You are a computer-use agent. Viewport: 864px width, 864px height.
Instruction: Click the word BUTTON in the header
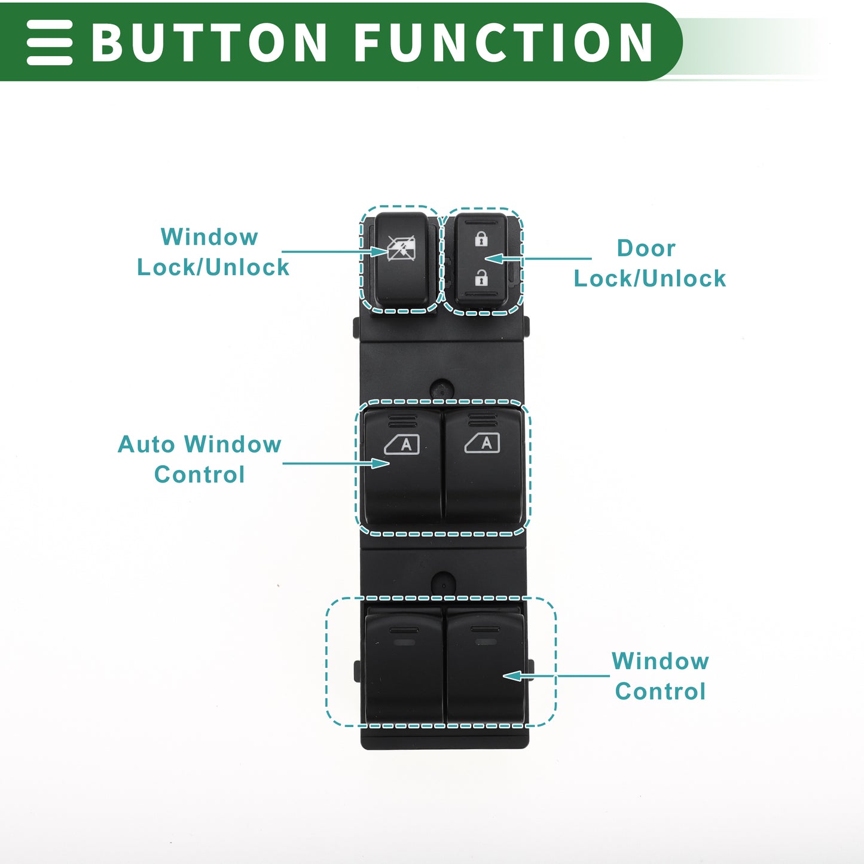coord(209,42)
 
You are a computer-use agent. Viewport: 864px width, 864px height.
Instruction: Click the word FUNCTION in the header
coord(503,42)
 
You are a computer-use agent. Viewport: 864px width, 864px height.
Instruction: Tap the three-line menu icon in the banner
coord(49,42)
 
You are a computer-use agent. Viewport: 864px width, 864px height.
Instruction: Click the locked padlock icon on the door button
coord(481,239)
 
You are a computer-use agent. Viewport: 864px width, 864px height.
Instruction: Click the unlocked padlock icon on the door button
coord(481,277)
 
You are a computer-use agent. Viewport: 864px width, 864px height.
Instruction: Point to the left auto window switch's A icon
coord(402,444)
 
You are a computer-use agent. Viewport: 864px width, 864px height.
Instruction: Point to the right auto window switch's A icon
coord(482,443)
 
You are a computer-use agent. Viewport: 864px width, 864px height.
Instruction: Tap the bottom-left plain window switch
coord(404,668)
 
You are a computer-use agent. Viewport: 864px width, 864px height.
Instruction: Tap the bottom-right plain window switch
coord(485,667)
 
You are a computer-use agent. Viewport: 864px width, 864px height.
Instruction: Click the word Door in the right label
coord(646,248)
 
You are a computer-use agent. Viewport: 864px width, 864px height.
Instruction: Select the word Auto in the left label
coord(146,444)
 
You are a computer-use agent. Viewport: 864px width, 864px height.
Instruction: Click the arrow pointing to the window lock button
coord(334,252)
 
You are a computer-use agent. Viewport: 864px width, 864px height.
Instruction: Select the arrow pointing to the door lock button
coord(538,259)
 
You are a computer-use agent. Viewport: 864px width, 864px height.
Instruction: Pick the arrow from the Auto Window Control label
coord(336,463)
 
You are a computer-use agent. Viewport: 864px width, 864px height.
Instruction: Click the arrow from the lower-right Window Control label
coord(556,676)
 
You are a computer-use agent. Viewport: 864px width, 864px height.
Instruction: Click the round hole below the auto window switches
coord(443,584)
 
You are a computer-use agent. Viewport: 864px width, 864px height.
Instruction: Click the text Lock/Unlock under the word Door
coord(650,279)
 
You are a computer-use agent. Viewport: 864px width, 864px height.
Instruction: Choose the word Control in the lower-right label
coord(661,691)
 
